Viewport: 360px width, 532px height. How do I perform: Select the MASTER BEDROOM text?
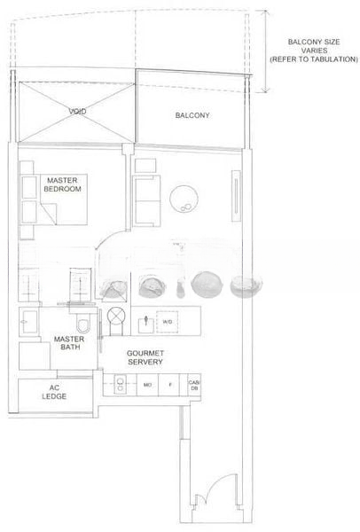[x=64, y=185]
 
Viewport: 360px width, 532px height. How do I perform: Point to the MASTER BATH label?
[x=68, y=345]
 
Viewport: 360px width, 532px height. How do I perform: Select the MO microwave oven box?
[x=146, y=386]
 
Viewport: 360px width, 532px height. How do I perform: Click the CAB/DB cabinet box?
[x=194, y=386]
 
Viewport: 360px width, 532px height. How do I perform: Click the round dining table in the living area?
[x=188, y=199]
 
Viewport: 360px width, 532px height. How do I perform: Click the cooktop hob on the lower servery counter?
[x=118, y=386]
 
